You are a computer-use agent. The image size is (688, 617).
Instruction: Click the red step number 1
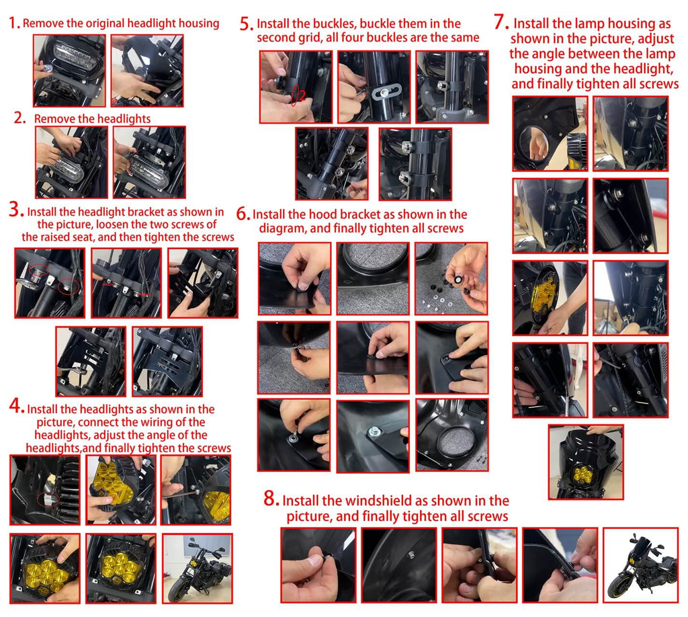click(x=13, y=23)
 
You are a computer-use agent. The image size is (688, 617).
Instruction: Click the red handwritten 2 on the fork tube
click(x=301, y=95)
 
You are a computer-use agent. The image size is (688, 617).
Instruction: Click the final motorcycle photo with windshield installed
click(x=640, y=565)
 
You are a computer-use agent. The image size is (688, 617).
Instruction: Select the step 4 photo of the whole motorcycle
click(x=197, y=569)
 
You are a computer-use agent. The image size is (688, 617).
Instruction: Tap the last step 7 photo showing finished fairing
click(x=586, y=462)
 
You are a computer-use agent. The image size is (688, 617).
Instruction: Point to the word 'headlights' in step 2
click(x=124, y=118)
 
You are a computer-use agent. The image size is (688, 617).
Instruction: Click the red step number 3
click(x=16, y=209)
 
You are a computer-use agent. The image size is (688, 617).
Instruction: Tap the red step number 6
click(x=243, y=213)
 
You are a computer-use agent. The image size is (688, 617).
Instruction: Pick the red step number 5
click(x=247, y=24)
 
